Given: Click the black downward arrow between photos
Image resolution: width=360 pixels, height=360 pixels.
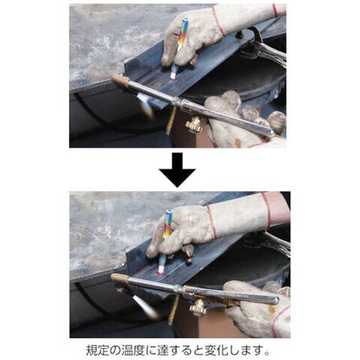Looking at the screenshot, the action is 177,170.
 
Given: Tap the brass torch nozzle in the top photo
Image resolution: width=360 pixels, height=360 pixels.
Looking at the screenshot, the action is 120,79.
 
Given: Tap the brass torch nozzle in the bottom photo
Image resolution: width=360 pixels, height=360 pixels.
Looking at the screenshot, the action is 119,277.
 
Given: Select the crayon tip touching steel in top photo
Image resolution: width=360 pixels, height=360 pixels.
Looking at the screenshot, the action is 172,75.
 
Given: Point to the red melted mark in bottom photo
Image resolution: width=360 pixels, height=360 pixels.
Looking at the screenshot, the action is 158,274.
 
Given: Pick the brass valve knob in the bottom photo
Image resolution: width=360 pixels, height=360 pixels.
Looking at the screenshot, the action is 198,307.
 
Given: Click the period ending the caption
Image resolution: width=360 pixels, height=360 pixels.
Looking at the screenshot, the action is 268,353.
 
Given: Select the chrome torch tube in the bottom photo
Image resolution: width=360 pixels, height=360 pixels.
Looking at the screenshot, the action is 200,290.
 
